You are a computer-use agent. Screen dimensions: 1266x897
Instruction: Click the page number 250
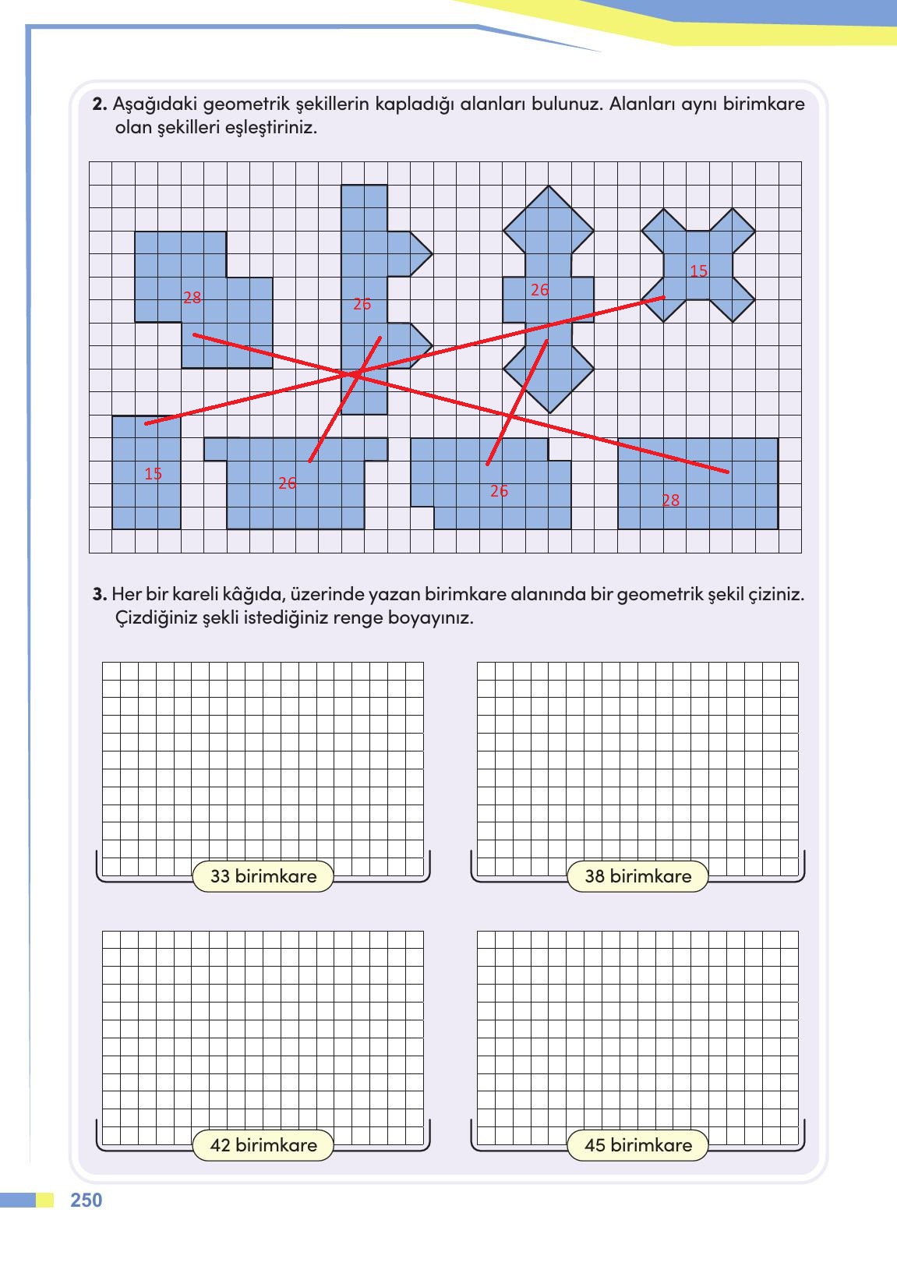[x=86, y=1200]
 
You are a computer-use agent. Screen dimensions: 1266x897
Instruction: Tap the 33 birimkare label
[x=263, y=876]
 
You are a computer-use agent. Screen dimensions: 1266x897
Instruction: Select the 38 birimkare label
[x=637, y=876]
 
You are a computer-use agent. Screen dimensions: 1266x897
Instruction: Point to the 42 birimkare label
[x=263, y=1145]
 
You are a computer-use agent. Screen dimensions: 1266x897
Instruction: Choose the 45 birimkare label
[x=637, y=1145]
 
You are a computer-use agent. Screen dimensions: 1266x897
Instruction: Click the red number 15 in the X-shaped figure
[x=698, y=271]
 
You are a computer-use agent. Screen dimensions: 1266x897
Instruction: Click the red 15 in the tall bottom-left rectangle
[x=153, y=473]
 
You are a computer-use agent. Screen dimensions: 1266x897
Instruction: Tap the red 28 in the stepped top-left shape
[x=192, y=297]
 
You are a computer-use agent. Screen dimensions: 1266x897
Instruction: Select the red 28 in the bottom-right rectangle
[x=670, y=500]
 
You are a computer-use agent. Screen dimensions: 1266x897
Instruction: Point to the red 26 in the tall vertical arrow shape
[x=362, y=304]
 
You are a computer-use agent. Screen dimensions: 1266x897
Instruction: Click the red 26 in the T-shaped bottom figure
[x=287, y=483]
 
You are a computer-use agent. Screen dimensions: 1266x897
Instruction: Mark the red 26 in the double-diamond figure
[x=539, y=290]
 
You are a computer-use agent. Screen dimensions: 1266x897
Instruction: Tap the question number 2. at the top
[x=99, y=104]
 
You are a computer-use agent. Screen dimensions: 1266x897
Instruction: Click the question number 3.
[x=99, y=595]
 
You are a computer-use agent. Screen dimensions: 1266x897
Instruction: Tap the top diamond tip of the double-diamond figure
[x=549, y=189]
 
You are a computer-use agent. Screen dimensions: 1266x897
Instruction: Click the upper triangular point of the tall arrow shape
[x=430, y=253]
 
